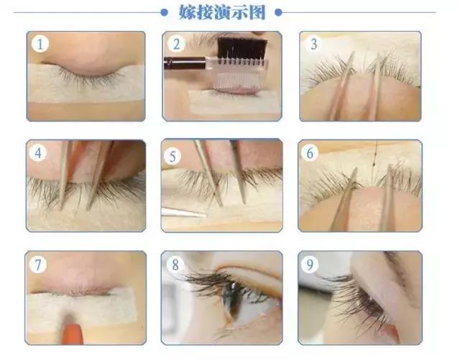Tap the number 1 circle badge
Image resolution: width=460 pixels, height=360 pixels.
coord(41,44)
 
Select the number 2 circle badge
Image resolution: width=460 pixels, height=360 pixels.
coord(177,44)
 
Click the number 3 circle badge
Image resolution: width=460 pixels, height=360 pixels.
coord(313,44)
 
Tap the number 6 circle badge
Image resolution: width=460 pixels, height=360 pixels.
coord(311,153)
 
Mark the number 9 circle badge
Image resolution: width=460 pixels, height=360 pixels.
coord(311,265)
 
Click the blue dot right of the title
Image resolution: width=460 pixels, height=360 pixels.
coord(277,12)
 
